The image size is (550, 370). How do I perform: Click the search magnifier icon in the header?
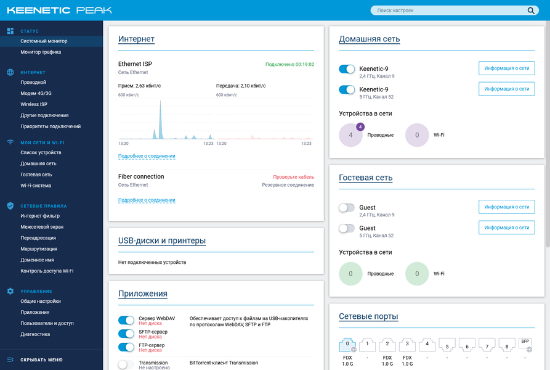531,10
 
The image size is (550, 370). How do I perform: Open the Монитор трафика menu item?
41,52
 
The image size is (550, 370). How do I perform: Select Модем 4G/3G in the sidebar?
36,93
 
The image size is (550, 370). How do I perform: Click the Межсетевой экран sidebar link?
42,227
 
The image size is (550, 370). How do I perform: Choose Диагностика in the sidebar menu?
35,335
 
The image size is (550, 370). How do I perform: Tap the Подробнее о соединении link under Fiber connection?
147,200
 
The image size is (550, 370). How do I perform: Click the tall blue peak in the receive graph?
161,120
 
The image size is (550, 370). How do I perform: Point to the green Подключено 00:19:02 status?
289,65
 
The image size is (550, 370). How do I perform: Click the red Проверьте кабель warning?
294,177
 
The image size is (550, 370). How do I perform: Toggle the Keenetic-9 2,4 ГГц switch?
347,69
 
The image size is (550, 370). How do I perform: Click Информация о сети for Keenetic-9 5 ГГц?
506,89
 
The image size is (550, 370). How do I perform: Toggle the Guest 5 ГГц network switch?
347,229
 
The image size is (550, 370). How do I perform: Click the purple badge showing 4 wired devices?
360,127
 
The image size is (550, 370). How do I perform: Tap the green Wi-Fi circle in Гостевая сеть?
417,274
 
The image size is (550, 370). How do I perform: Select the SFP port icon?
525,345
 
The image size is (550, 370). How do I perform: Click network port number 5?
447,345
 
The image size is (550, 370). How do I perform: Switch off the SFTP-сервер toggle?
126,334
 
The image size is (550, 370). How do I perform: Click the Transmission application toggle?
126,365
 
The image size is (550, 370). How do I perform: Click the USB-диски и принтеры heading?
162,241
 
